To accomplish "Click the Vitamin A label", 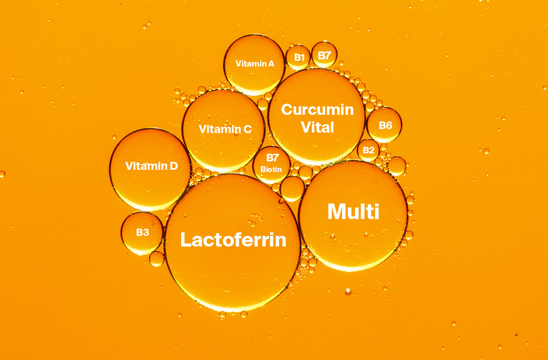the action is point(255,63).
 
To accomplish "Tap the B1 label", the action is point(299,58).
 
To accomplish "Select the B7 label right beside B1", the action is point(324,55).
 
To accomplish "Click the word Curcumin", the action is point(317,110).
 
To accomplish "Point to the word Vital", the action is point(317,128).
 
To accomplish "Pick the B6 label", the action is point(385,125).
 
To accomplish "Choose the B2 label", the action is point(369,150).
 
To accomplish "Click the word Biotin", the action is point(271,169).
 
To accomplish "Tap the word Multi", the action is point(353,212).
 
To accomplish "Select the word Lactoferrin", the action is point(233,240).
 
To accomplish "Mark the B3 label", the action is point(142,232).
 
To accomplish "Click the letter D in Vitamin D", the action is point(173,166).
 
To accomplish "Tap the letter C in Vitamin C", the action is point(247,129).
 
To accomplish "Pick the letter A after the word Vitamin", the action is point(271,63).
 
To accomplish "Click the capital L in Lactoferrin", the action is point(186,240).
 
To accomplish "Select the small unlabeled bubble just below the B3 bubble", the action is point(157,258).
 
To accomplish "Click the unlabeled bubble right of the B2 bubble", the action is point(396,166).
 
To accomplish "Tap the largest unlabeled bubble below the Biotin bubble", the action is point(292,188).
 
